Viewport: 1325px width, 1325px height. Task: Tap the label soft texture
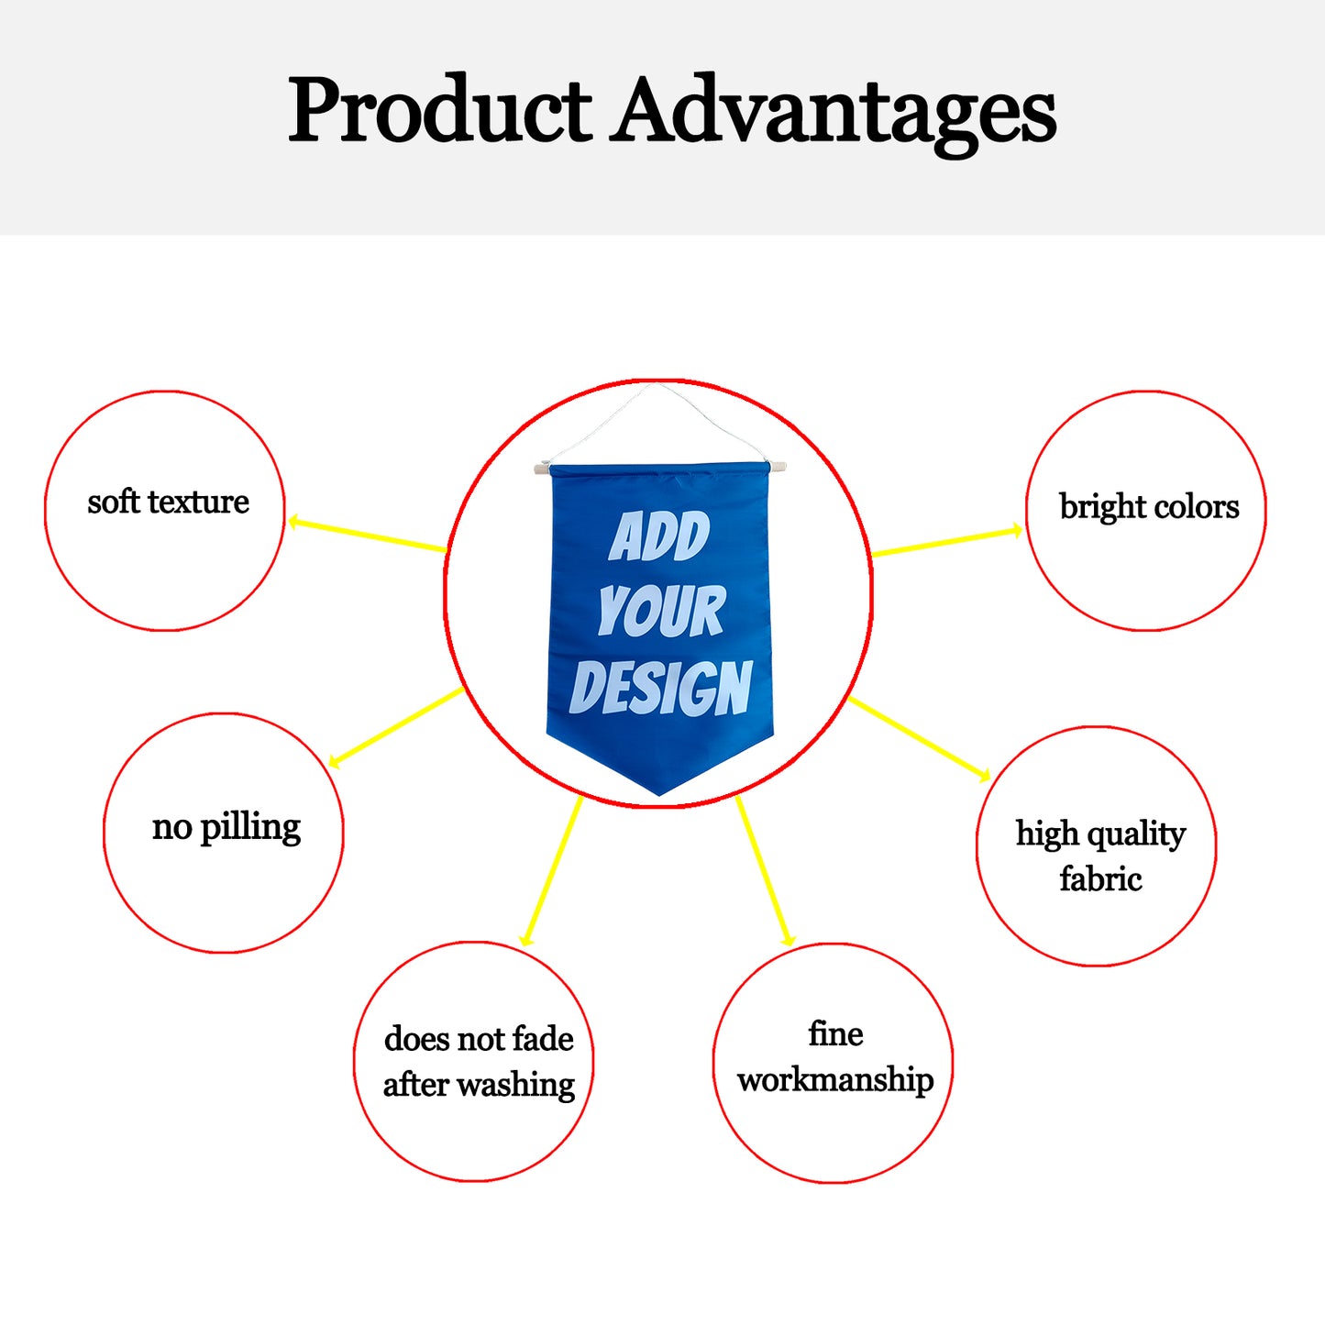pyautogui.click(x=168, y=502)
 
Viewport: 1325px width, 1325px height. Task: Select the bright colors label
pyautogui.click(x=1149, y=507)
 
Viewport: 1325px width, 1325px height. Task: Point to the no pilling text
pyautogui.click(x=226, y=827)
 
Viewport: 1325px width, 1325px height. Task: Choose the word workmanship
pyautogui.click(x=835, y=1080)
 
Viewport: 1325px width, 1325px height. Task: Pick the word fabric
pyautogui.click(x=1100, y=878)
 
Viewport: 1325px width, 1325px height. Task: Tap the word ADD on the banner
pyautogui.click(x=658, y=536)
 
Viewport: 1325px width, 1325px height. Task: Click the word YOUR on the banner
pyautogui.click(x=661, y=610)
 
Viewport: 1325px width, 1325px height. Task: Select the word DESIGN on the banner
pyautogui.click(x=661, y=688)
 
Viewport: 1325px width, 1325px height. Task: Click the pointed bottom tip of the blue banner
pyautogui.click(x=659, y=795)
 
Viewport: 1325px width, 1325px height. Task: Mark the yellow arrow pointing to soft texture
pyautogui.click(x=367, y=535)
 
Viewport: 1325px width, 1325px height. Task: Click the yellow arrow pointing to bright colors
pyautogui.click(x=947, y=541)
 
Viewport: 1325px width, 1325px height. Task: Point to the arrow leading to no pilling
pyautogui.click(x=396, y=727)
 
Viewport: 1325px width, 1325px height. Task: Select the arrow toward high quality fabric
pyautogui.click(x=920, y=739)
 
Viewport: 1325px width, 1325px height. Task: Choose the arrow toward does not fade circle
pyautogui.click(x=551, y=871)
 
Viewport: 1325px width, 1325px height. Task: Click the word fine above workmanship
pyautogui.click(x=835, y=1034)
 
